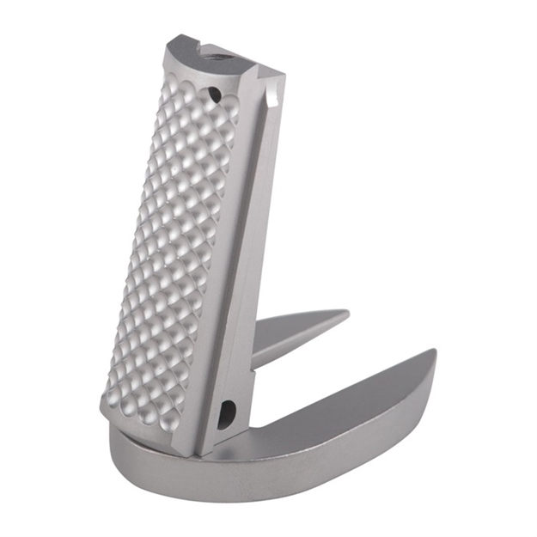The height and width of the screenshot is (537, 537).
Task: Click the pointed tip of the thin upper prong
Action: pyautogui.click(x=346, y=314)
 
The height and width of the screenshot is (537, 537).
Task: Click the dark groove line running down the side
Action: pyautogui.click(x=243, y=258)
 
